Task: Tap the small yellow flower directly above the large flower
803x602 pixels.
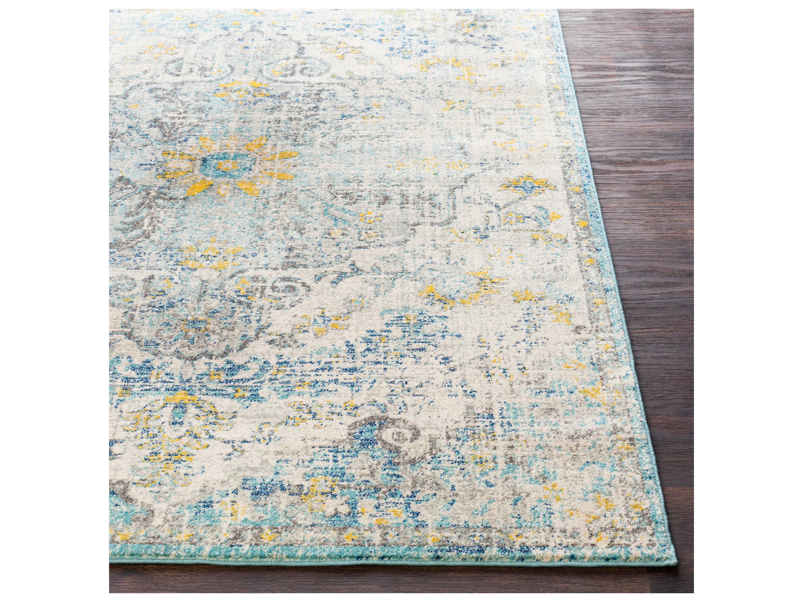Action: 241,85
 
